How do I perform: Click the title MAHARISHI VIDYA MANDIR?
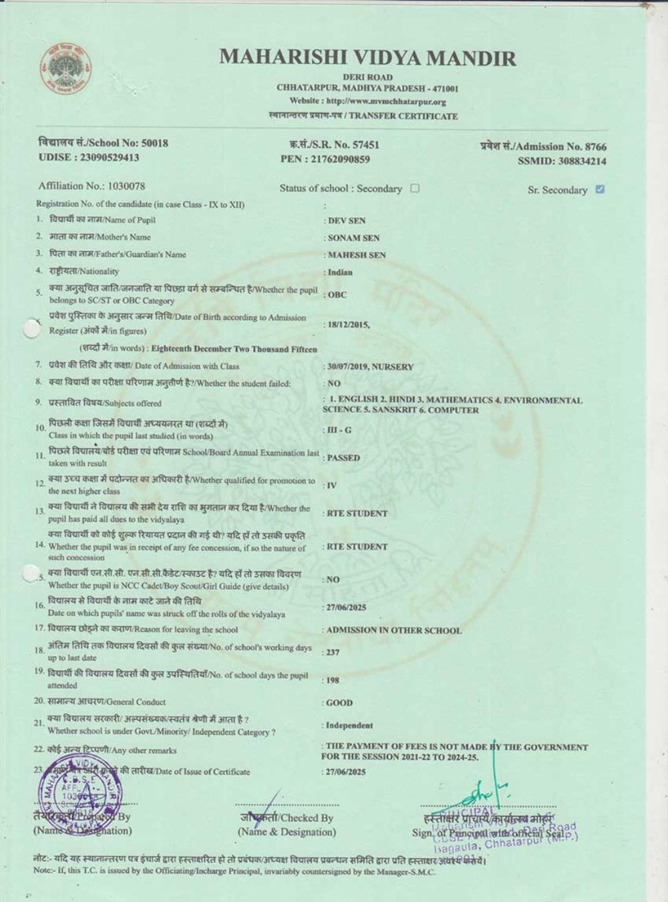[367, 57]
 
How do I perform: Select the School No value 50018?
[154, 143]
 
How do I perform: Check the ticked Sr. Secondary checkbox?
[600, 189]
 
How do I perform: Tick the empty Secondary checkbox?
[415, 188]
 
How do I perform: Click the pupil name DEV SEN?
[347, 220]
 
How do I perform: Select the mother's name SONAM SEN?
[353, 238]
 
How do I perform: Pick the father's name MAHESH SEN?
[357, 255]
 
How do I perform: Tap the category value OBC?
[337, 295]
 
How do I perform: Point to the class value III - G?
[339, 430]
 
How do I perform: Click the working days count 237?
[333, 652]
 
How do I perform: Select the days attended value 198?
[333, 680]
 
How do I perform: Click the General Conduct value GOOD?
[339, 703]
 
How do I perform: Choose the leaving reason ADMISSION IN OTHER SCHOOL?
[393, 630]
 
